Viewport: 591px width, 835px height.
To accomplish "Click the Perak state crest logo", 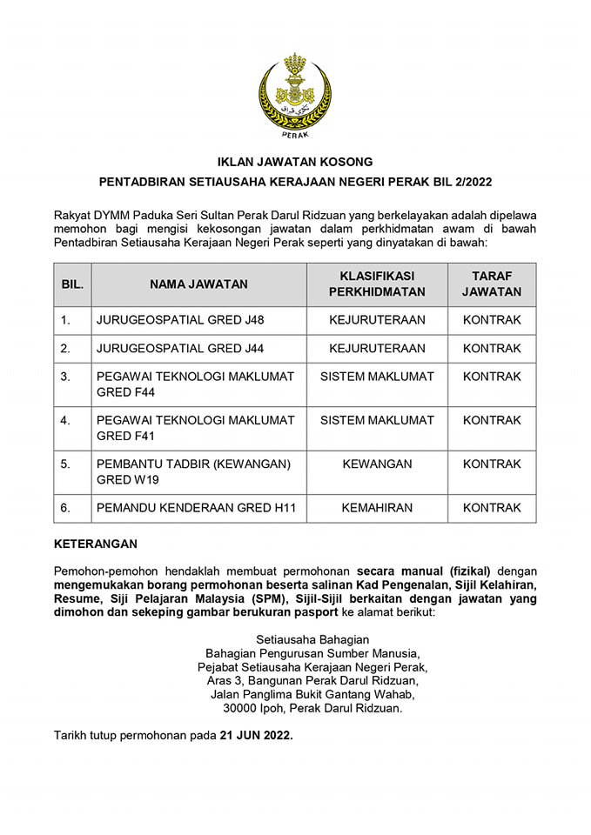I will click(x=295, y=95).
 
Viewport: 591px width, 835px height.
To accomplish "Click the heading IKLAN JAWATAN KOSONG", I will click(x=295, y=162).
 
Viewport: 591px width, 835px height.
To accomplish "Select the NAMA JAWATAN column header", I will click(x=198, y=284).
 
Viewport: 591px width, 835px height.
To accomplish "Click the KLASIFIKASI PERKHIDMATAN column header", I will click(x=377, y=284).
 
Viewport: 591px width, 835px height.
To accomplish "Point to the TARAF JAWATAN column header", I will click(x=492, y=284).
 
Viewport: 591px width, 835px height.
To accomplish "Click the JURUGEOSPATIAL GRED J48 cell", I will click(x=180, y=320).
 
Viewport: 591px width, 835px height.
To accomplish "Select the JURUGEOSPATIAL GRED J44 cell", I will click(x=180, y=349).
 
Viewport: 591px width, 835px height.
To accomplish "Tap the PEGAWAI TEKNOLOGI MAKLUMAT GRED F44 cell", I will click(x=196, y=384).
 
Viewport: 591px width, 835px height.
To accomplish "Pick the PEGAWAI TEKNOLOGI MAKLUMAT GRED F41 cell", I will click(x=196, y=428).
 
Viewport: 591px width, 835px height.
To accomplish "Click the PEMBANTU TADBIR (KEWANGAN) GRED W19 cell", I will click(x=193, y=471).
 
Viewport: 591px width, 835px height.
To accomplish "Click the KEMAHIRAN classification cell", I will click(x=377, y=508).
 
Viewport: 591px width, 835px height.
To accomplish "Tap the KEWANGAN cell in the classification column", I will click(x=377, y=464).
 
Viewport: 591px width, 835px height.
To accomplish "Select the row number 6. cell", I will click(x=65, y=508).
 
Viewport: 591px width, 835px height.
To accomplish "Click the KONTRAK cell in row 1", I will click(x=492, y=320).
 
